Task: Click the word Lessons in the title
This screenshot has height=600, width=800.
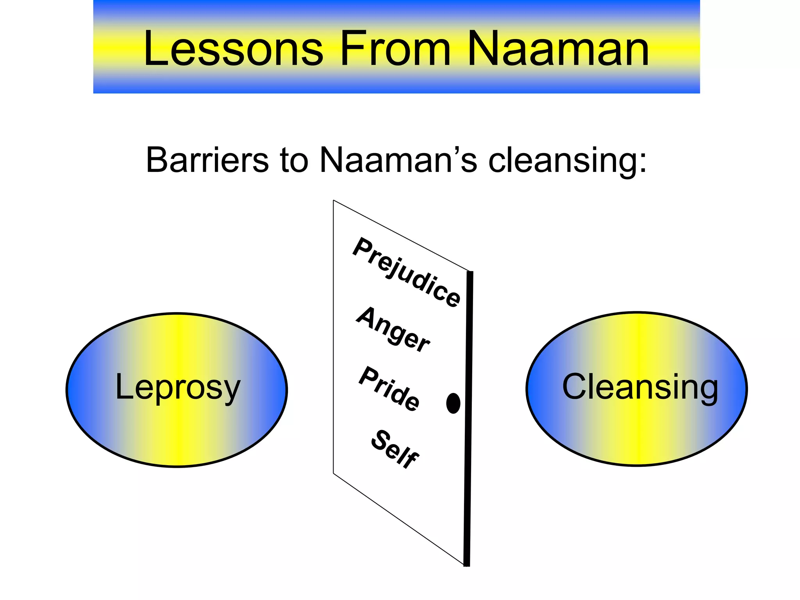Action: pos(233,49)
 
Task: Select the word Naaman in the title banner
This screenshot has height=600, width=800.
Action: pos(558,49)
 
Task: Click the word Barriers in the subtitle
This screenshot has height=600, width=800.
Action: pos(207,160)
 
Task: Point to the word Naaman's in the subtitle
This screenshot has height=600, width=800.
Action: pos(398,160)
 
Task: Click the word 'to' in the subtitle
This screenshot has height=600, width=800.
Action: pos(294,160)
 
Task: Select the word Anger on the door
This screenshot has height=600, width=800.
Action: pos(393,330)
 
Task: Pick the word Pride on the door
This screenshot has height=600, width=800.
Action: pos(389,389)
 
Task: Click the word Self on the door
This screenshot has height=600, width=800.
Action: pos(395,449)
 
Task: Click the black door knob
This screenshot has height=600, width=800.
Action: pos(453,403)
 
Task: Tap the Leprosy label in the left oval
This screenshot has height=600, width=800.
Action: pos(178,388)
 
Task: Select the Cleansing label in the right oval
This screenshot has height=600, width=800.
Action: pos(640,387)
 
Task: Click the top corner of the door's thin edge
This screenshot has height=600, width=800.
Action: pos(334,201)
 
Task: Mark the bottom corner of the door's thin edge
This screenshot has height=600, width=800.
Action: pos(334,473)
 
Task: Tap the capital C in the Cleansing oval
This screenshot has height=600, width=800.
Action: pos(574,386)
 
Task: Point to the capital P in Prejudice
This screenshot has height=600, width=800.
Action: pos(362,247)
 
